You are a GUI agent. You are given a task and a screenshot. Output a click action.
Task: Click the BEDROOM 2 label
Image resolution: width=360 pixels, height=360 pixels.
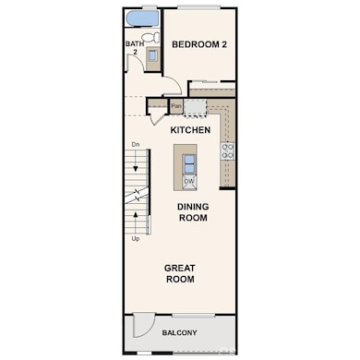[199, 43]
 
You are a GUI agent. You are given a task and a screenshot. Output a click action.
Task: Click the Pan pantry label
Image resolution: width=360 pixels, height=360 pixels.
[175, 106]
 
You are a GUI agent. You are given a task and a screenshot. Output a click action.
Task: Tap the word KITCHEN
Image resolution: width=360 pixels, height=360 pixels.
[191, 130]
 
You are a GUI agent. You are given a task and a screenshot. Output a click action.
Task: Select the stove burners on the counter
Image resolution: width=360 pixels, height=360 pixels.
[227, 150]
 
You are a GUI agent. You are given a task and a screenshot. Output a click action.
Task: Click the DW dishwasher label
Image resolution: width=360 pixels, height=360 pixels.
[188, 181]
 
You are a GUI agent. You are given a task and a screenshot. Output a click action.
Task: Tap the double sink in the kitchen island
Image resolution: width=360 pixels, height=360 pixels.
[188, 162]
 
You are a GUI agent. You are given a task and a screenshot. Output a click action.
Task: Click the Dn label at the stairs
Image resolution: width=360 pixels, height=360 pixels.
[135, 145]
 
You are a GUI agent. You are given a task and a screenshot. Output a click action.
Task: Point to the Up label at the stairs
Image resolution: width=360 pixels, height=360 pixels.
[135, 238]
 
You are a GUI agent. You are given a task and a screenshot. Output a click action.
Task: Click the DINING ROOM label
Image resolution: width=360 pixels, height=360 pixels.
[192, 212]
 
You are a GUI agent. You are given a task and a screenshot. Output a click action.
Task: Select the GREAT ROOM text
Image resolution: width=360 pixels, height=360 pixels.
[179, 273]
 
